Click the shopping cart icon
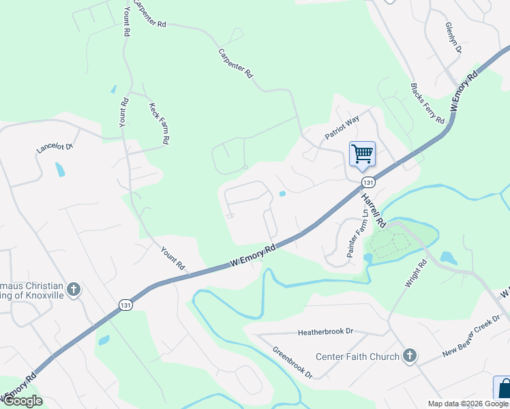[x=362, y=153]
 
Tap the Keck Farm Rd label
[x=160, y=122]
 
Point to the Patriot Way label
[x=342, y=128]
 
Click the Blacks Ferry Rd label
[x=427, y=103]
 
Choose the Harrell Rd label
[x=373, y=210]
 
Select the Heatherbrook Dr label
[x=325, y=332]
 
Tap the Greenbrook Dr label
[x=292, y=364]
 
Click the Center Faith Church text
[x=357, y=357]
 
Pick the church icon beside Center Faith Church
[x=409, y=355]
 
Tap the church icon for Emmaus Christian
[x=74, y=290]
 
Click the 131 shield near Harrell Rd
[x=368, y=182]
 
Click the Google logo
[x=22, y=401]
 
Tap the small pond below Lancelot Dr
[x=60, y=169]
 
